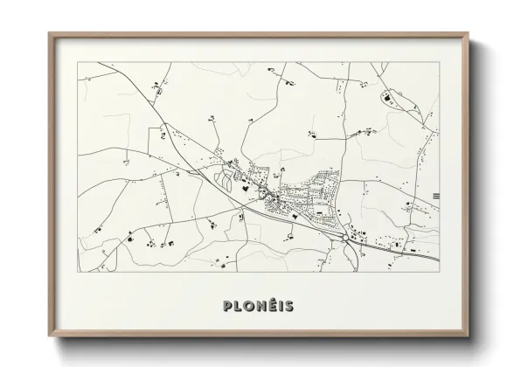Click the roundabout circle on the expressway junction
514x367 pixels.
point(349,235)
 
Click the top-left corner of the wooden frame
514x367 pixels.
point(48,33)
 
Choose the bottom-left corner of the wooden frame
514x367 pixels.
point(48,335)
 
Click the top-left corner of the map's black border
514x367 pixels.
point(78,63)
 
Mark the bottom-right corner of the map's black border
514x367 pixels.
point(439,271)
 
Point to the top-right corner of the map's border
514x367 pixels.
point(439,63)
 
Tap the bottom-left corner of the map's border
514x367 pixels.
point(78,271)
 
